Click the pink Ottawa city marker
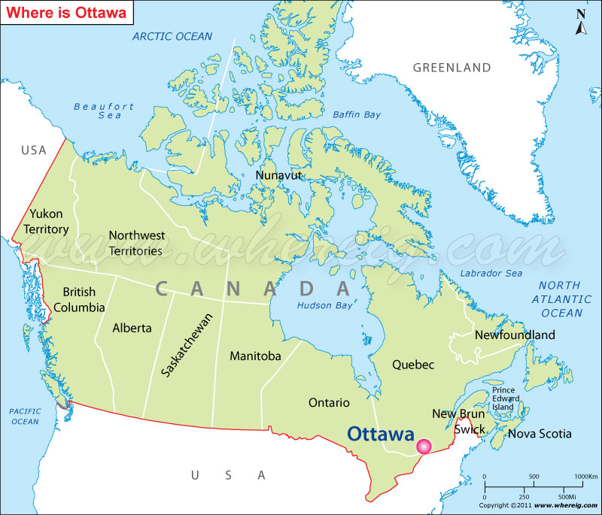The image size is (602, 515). coord(424,447)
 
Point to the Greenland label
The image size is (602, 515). coord(451,68)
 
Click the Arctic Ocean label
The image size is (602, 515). coord(172,36)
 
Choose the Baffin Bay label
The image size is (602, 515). coord(357,114)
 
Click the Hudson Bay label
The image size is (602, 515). coord(324,306)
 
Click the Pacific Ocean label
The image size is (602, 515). coord(24,417)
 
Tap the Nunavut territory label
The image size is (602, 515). coord(278,175)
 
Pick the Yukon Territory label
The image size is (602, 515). coord(46,222)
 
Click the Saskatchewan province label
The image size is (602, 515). coord(187,344)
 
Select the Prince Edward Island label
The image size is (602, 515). coord(503,398)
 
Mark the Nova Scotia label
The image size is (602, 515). coord(540,434)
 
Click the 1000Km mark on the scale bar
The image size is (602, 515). coord(585,477)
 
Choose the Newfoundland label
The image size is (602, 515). coord(515,335)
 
